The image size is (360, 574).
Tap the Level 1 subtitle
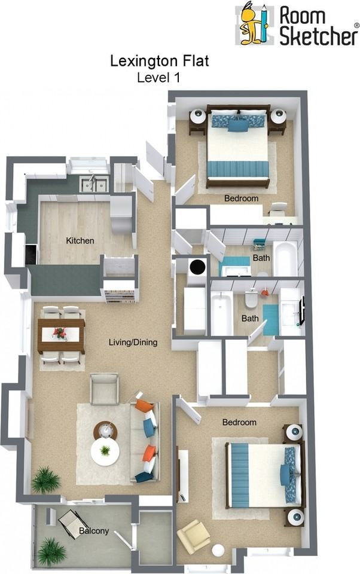pos(158,77)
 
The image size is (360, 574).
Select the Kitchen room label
pos(80,241)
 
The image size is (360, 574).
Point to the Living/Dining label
pos(133,343)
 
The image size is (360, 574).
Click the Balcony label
pos(94,530)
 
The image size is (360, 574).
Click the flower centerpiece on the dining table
pos(60,332)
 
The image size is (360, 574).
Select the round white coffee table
pos(105,451)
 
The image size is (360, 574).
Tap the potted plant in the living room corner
pos(46,480)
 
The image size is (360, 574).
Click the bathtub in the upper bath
pos(285,258)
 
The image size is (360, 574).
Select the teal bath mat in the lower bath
pos(270,319)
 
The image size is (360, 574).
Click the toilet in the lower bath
pos(252,298)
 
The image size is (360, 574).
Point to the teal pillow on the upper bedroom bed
pos(237,126)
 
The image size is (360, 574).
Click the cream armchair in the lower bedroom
pos(194,536)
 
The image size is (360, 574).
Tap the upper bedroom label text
pos(241,199)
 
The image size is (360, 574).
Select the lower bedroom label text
pos(239,422)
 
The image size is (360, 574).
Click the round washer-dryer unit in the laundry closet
pos(196,267)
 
